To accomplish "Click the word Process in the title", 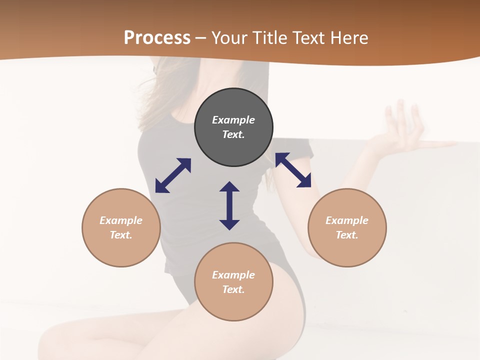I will (157, 38).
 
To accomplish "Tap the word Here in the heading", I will (347, 38).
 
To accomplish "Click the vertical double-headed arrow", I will (229, 205).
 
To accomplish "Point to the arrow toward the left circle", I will (173, 175).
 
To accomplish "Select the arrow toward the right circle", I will (293, 170).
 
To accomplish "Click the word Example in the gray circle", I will (233, 120).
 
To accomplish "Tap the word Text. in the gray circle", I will (233, 134).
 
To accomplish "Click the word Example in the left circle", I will (121, 220).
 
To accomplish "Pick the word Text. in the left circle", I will (121, 235).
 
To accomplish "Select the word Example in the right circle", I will (347, 220).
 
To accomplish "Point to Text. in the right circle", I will (347, 235).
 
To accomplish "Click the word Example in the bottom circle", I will (233, 275).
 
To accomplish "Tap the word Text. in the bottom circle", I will (233, 289).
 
